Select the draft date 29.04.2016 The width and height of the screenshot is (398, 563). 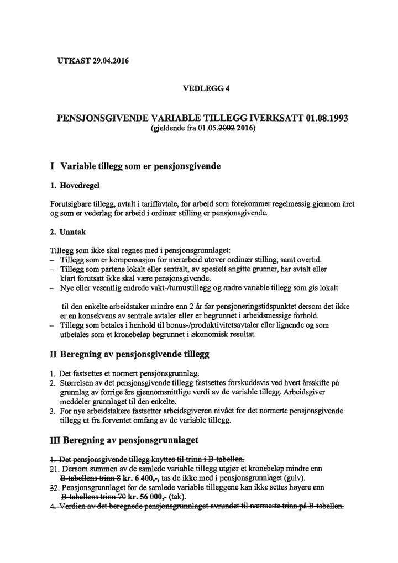click(x=109, y=61)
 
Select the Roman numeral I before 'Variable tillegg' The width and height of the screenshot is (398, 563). click(x=52, y=166)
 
